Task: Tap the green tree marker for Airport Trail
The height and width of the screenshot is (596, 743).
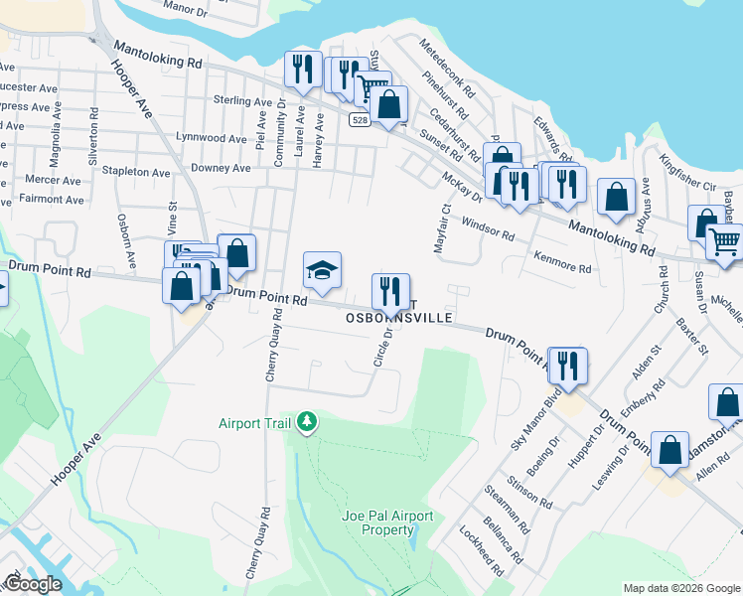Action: click(x=308, y=423)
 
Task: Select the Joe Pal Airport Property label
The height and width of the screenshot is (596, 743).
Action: click(x=387, y=522)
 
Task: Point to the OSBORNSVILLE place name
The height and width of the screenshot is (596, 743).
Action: click(x=399, y=318)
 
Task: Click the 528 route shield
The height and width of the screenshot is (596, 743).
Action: click(x=361, y=119)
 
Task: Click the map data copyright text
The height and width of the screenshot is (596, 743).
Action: click(x=681, y=587)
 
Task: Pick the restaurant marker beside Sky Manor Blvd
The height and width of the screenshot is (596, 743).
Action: click(x=567, y=366)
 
